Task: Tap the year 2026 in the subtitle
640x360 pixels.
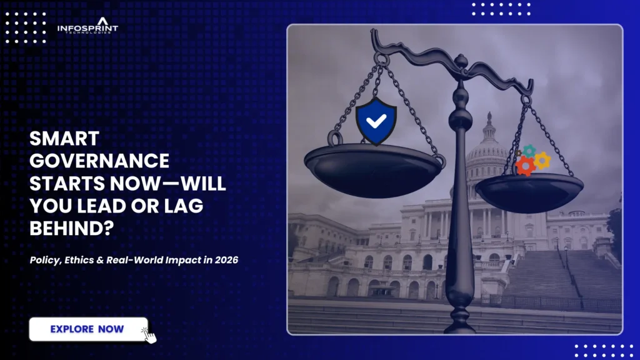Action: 226,259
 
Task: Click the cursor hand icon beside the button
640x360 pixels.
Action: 149,334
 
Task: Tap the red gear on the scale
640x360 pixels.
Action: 525,166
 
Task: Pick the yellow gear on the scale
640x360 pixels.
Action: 542,160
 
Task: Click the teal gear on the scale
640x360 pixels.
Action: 529,151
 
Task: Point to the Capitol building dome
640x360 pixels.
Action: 487,147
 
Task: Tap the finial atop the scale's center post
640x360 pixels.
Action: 461,60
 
